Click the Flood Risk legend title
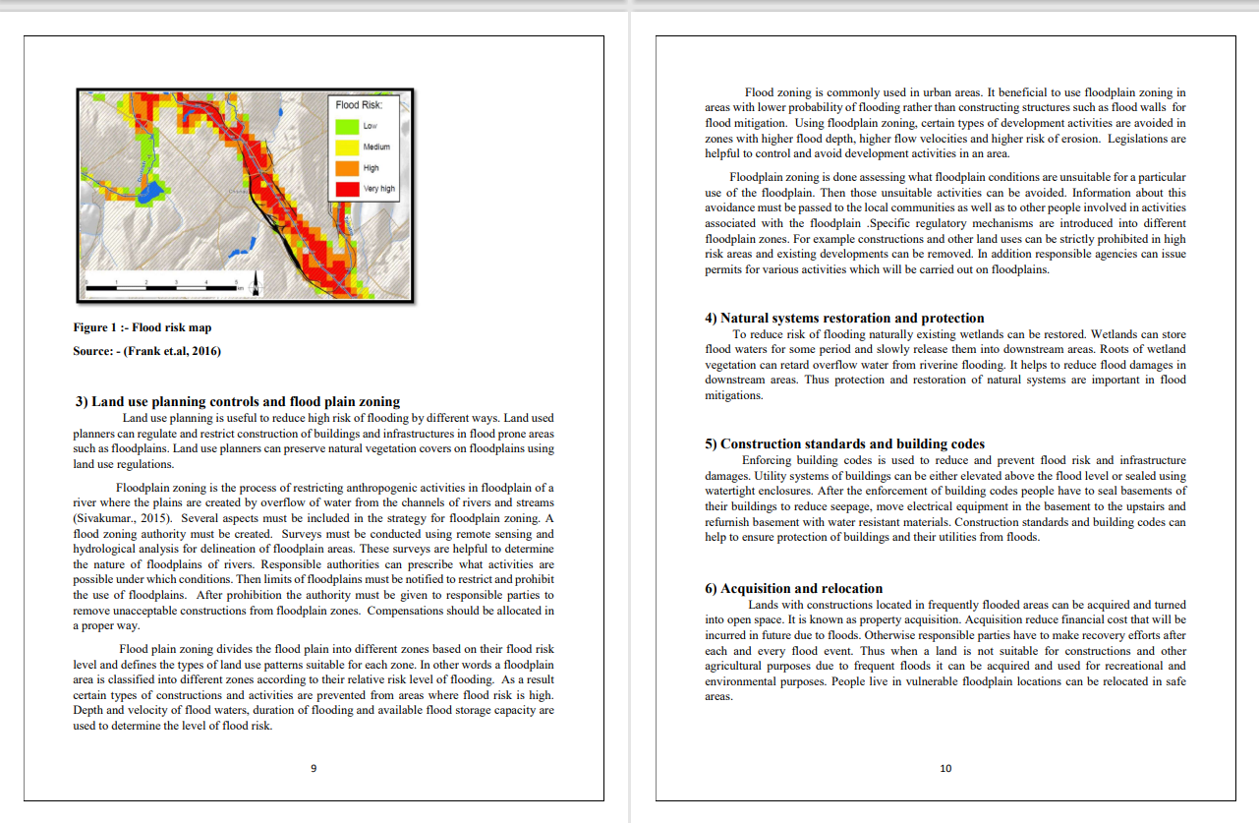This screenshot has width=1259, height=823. coord(359,104)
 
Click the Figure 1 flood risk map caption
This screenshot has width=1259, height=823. coord(143,327)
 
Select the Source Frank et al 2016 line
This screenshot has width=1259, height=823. coord(146,351)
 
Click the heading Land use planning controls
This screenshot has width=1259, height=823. coord(238,401)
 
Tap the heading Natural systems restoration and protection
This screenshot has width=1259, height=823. coord(844,318)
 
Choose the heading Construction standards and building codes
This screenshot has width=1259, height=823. coord(844,443)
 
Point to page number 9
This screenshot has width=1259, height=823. coord(314,768)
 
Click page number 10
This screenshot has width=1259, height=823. coord(945,768)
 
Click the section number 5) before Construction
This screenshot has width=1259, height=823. coord(712,443)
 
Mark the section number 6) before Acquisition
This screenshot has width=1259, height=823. coord(712,588)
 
